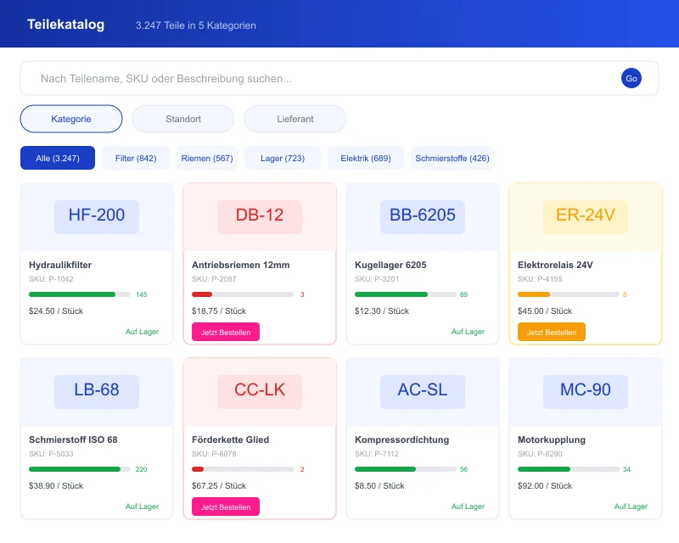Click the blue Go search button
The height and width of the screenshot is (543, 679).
point(631,78)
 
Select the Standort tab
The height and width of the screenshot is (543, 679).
point(183,119)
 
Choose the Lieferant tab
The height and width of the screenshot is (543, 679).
point(295,119)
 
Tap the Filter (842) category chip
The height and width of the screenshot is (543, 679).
point(136,159)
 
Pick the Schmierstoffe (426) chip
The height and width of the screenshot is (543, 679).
point(452,159)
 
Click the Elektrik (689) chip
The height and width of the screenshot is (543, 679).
point(366,159)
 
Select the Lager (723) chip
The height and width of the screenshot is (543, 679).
point(283,159)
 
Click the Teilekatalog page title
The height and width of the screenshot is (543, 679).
point(66,25)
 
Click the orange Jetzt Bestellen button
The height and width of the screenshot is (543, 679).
point(552,333)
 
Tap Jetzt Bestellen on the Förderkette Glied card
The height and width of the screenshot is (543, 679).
point(226,507)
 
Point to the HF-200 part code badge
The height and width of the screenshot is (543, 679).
point(97,216)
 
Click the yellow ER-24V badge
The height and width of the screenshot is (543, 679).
point(586,216)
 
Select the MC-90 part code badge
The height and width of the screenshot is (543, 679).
point(586,390)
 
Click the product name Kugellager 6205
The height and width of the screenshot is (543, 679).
point(390,265)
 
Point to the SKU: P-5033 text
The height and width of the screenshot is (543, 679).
point(51,453)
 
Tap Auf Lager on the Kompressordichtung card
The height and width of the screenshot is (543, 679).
point(468,507)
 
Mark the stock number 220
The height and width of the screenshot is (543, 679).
point(142,469)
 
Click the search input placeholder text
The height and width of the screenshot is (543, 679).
point(166,79)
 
